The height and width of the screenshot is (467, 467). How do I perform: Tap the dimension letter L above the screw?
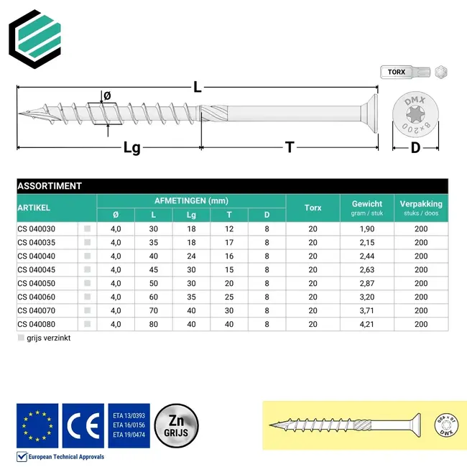[x=197, y=88]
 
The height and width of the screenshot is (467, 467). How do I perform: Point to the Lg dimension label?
[x=131, y=147]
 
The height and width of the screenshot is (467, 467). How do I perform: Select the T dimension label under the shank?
[x=290, y=147]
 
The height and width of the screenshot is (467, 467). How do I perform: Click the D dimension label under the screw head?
[x=415, y=148]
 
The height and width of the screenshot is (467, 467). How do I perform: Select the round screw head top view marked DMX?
[x=415, y=114]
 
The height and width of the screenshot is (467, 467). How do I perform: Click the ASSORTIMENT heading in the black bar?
[x=49, y=186]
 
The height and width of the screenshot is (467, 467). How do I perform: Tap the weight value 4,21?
[x=366, y=323]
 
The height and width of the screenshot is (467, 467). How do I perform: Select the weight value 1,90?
[x=366, y=229]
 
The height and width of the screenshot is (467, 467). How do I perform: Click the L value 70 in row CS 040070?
[x=153, y=310]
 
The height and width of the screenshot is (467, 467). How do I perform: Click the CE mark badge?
[x=83, y=425]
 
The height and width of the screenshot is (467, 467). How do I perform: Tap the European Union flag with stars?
[x=37, y=425]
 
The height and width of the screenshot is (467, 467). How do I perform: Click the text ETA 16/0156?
[x=129, y=425]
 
